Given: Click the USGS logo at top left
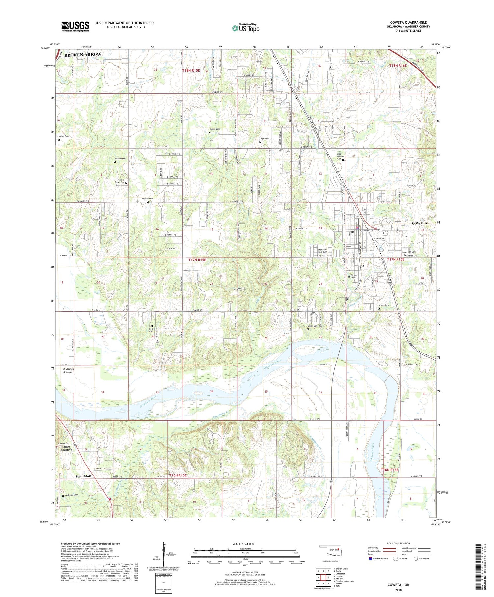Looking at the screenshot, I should (75, 26).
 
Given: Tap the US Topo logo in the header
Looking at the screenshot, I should (245, 28).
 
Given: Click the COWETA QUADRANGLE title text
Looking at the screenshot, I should (408, 22).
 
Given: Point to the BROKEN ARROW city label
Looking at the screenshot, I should (83, 55).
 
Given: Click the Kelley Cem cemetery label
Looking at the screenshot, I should (64, 136).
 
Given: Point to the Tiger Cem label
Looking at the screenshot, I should (264, 139).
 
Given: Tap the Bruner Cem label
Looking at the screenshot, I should (384, 305).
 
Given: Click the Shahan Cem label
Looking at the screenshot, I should (147, 198).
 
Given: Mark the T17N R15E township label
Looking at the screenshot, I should (197, 260).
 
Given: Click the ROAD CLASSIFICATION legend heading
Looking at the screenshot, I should (398, 543).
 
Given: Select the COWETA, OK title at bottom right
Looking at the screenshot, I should (398, 585).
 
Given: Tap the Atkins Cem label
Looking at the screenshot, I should (313, 326).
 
